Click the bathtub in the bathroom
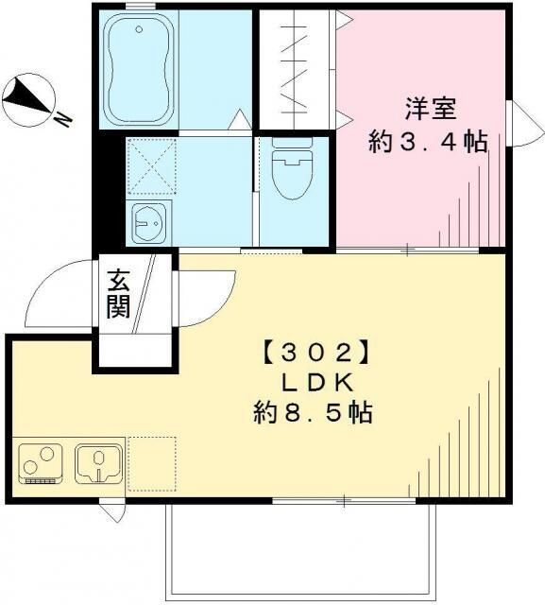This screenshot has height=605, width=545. point(139,69)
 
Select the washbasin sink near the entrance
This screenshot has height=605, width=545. point(149,223)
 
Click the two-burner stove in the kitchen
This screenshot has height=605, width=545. point(41,464)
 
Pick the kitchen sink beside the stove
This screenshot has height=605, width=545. point(98,463)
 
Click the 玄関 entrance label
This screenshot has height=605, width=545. point(118,294)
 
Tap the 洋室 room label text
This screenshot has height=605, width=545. point(431,110)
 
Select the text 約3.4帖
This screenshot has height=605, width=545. point(428,142)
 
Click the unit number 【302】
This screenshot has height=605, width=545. point(316,352)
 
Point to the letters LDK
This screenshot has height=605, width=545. point(317,383)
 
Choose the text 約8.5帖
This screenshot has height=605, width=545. point(313,413)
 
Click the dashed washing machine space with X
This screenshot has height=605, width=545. point(152,166)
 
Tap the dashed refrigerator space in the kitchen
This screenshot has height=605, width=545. point(152,464)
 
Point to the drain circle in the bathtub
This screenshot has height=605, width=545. point(139,29)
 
